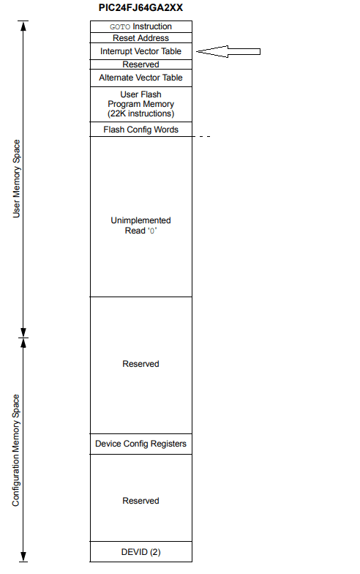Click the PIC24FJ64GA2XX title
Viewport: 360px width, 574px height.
click(140, 8)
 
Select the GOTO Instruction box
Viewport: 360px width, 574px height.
click(140, 26)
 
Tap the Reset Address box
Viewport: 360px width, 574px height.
click(140, 38)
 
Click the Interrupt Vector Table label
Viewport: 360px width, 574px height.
click(140, 51)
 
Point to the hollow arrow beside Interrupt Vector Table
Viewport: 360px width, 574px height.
click(228, 51)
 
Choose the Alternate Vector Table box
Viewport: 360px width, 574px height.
click(140, 78)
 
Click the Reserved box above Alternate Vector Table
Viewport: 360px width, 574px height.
click(140, 64)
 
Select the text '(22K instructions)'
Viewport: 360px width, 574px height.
click(140, 114)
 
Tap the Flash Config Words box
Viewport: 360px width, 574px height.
click(140, 130)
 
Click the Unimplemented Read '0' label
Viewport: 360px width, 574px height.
click(140, 225)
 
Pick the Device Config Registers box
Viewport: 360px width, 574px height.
click(140, 444)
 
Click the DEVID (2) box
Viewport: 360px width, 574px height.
click(140, 552)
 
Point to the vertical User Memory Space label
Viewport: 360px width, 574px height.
click(16, 179)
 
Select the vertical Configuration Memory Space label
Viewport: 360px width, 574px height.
click(16, 450)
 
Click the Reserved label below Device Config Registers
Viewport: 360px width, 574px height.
click(140, 501)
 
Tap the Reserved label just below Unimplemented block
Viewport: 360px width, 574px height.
click(140, 364)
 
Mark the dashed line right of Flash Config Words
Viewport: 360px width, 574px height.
click(202, 136)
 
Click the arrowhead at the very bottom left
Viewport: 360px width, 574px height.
click(23, 556)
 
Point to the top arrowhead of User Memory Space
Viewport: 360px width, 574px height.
click(23, 26)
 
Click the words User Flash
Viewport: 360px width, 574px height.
click(140, 94)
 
